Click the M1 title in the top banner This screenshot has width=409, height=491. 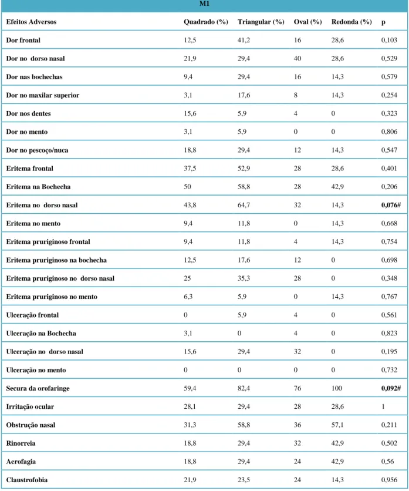click(204, 4)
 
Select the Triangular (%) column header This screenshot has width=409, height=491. click(261, 22)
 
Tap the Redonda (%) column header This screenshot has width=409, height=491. click(351, 22)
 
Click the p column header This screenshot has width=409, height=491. click(383, 22)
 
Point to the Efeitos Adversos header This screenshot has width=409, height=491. click(31, 22)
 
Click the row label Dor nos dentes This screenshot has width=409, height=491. click(29, 113)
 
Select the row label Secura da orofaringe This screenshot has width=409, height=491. click(38, 388)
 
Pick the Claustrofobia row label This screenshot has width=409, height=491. click(27, 480)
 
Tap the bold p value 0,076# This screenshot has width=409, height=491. click(391, 205)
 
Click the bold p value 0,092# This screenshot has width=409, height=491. click(391, 388)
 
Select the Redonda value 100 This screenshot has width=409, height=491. click(337, 388)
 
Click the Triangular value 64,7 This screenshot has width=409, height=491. click(244, 205)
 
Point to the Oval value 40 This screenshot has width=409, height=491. click(298, 59)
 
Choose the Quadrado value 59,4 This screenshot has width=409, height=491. click(190, 388)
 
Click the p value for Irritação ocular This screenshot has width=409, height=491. click(383, 406)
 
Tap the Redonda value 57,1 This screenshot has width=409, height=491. click(337, 425)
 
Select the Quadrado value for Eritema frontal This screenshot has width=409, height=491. click(190, 169)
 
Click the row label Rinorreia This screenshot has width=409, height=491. click(21, 443)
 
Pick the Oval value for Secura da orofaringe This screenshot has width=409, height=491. click(298, 388)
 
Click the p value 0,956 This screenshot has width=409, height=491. click(389, 480)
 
